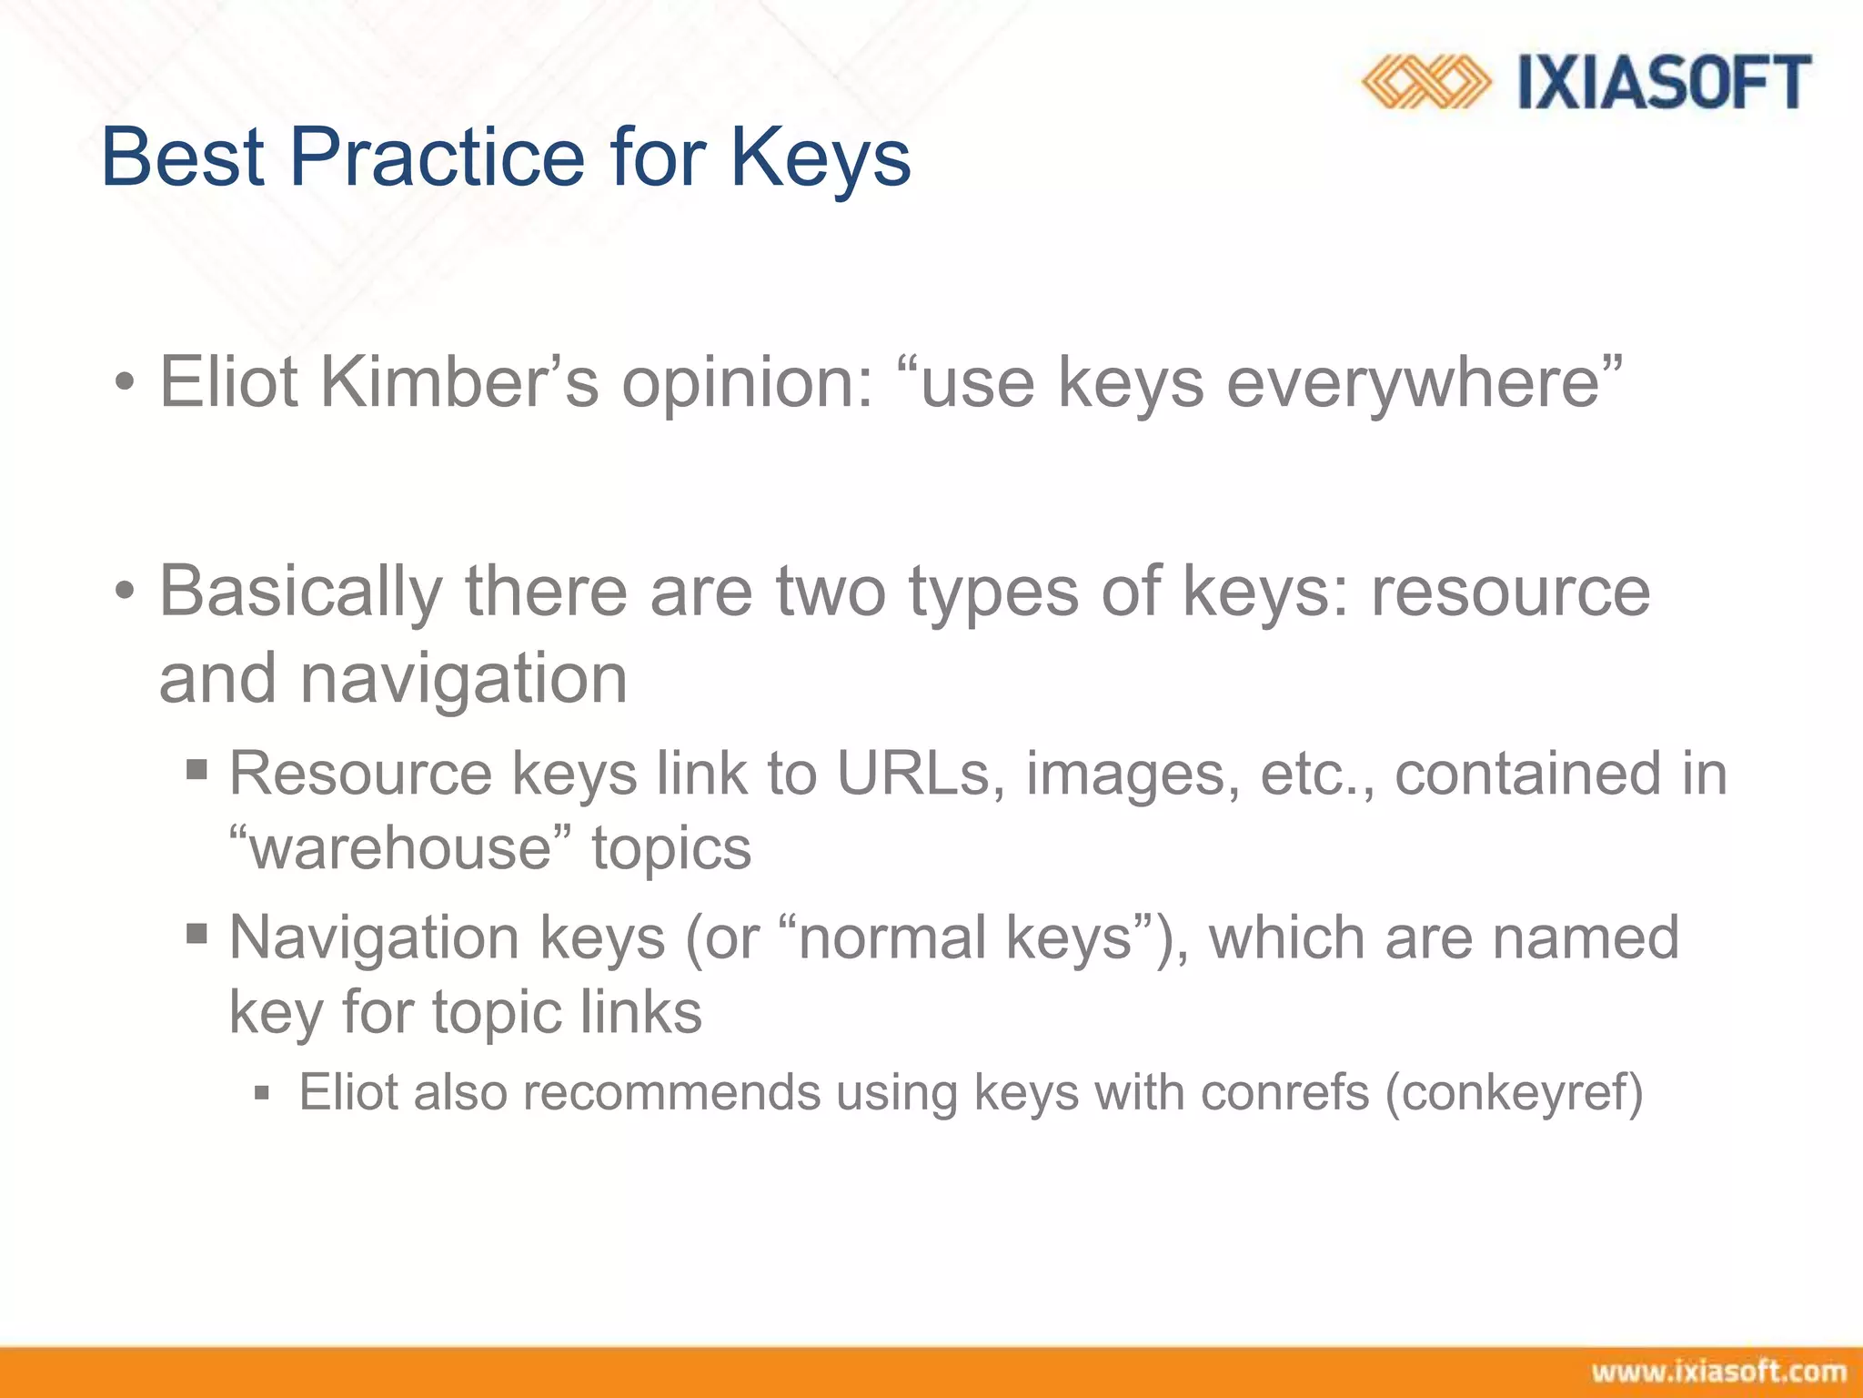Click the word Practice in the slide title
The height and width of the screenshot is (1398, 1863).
(437, 157)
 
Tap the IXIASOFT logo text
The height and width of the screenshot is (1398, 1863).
(1664, 83)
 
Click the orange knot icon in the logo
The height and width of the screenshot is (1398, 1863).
(1425, 83)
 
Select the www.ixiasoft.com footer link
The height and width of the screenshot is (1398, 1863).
(1718, 1372)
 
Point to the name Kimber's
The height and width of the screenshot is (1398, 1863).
(459, 381)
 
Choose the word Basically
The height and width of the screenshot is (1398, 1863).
(301, 592)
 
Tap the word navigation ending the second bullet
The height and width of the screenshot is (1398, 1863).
(464, 679)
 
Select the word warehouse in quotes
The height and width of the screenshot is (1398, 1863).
(401, 848)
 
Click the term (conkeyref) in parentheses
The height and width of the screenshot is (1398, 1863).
(1515, 1092)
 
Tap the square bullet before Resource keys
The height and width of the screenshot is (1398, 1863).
(196, 771)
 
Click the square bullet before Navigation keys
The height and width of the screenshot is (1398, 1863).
(196, 934)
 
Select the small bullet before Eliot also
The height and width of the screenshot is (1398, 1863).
(263, 1093)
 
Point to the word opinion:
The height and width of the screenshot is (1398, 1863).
(747, 383)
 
